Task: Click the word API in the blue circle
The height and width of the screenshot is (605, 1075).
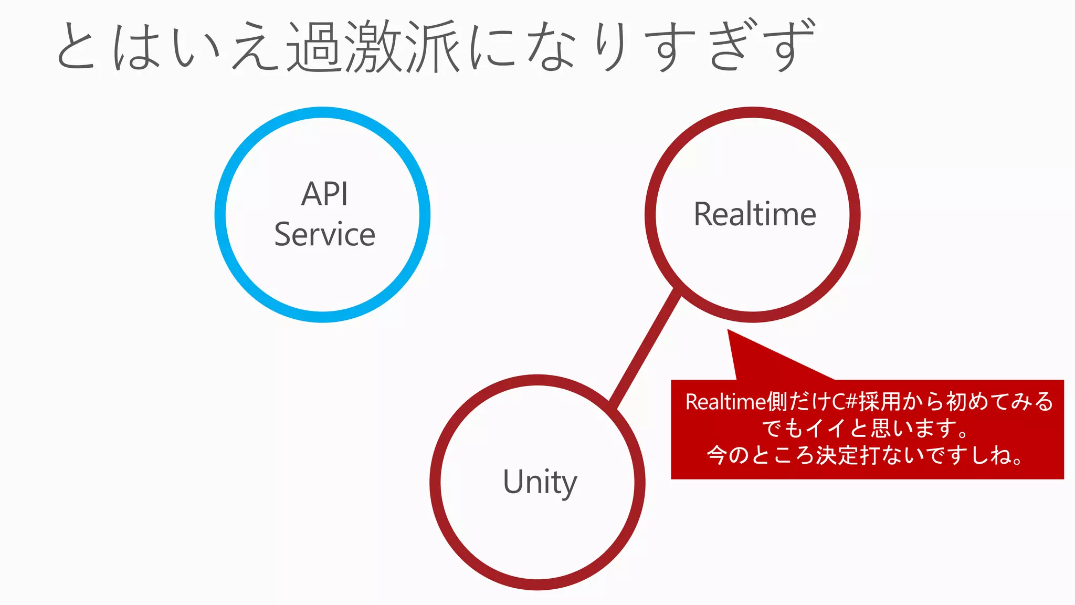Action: click(x=324, y=194)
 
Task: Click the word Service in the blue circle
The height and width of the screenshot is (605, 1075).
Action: click(x=324, y=234)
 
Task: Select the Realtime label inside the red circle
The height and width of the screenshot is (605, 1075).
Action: click(x=754, y=214)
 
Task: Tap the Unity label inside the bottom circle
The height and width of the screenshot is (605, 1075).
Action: click(x=540, y=482)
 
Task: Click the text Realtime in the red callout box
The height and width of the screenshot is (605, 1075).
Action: click(x=724, y=402)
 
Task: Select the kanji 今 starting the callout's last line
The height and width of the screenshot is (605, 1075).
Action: click(x=717, y=455)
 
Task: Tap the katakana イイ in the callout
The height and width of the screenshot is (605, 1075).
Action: click(x=827, y=429)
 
